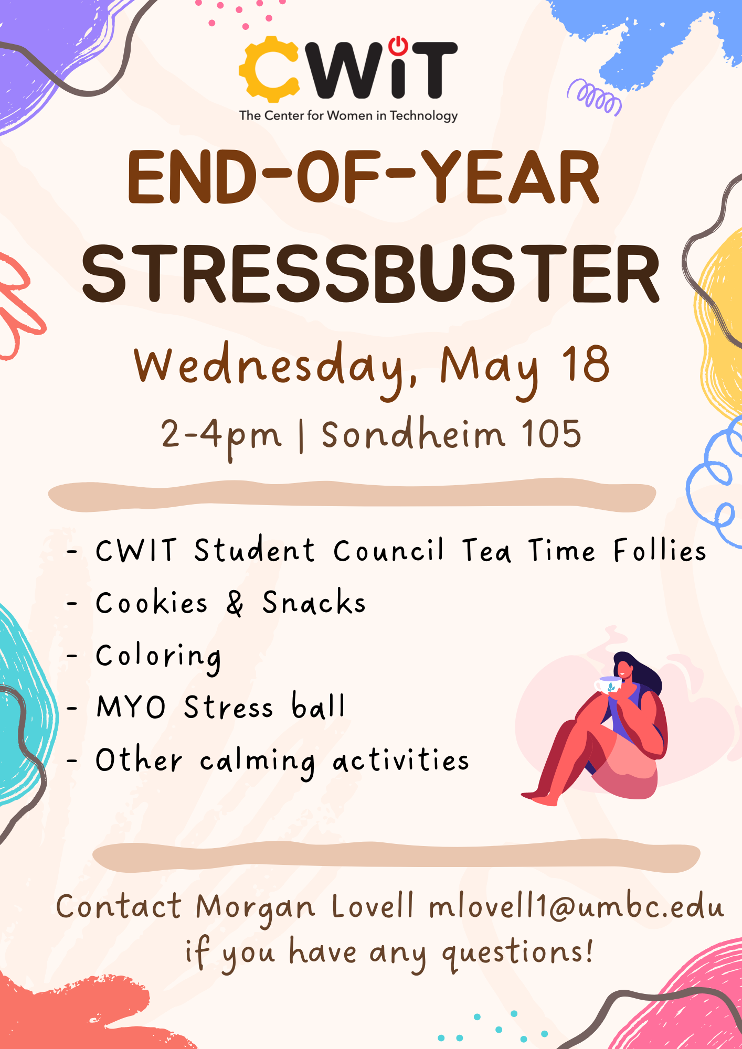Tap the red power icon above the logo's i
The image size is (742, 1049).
coord(398,46)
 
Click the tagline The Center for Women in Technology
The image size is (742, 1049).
coord(348,116)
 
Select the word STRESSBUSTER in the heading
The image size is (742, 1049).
coord(370,274)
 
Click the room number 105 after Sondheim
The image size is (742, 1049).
coord(552,434)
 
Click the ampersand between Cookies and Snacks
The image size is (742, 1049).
coord(235,603)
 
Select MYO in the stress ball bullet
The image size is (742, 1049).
coord(131,707)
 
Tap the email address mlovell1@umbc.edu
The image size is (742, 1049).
coord(576,905)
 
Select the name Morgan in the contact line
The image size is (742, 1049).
coord(256,908)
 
